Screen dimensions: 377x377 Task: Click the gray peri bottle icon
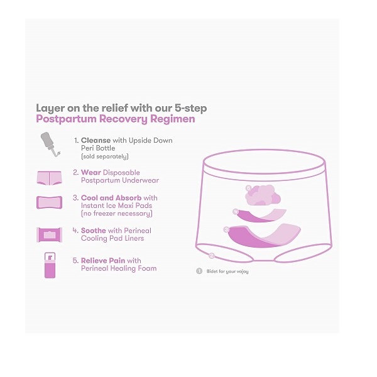(49, 144)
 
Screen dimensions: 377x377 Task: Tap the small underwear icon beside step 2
(49, 178)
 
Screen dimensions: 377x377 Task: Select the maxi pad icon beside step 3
(49, 202)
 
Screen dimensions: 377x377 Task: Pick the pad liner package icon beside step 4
(49, 234)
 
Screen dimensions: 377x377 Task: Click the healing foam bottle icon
(50, 265)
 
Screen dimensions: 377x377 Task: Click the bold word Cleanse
(96, 140)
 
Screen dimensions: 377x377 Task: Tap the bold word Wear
(91, 172)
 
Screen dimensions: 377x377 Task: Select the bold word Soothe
(93, 231)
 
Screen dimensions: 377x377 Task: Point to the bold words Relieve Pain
(103, 260)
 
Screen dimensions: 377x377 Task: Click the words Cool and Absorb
(111, 198)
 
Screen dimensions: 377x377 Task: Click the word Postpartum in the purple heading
(66, 119)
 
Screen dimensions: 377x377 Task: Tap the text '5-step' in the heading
(190, 108)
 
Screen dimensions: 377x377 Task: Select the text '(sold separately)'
(105, 156)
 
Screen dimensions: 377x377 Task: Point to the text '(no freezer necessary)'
(117, 214)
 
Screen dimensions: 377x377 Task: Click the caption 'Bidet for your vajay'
(227, 271)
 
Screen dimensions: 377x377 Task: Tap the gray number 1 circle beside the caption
(199, 271)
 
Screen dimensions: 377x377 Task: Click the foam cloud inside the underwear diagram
(263, 195)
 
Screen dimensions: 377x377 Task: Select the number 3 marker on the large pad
(226, 229)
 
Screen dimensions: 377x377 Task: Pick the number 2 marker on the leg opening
(212, 256)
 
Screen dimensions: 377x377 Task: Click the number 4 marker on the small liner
(236, 212)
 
